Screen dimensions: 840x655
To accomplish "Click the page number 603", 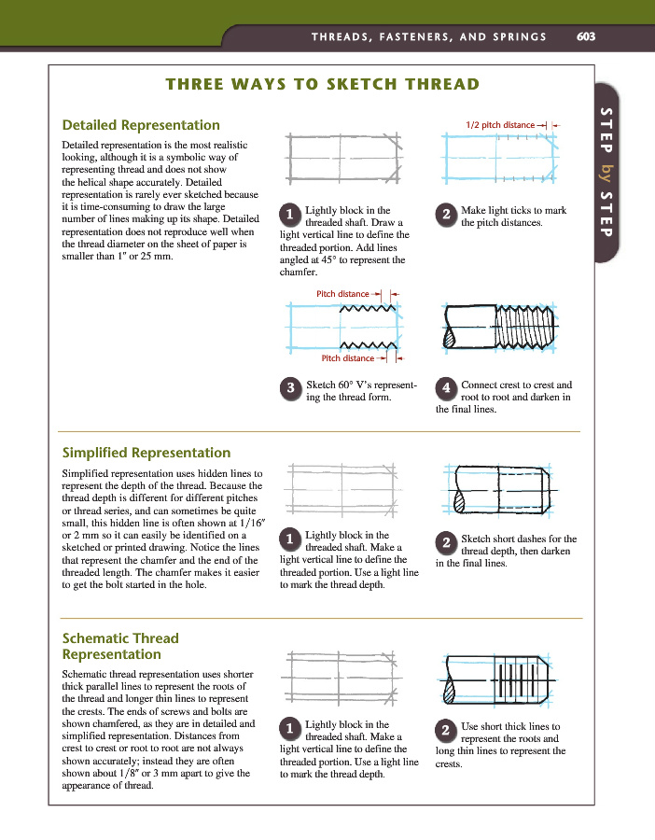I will pos(586,36).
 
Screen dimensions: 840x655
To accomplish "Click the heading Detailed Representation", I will pos(141,125).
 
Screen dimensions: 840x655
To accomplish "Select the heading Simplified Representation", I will pos(146,453).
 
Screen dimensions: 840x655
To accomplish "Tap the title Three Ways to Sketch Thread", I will pos(322,85).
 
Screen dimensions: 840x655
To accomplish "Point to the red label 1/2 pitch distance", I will pos(500,124).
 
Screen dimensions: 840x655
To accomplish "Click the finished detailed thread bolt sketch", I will pos(500,330).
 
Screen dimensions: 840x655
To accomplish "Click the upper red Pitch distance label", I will pos(342,294).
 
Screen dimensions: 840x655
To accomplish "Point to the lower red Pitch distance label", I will pos(347,357).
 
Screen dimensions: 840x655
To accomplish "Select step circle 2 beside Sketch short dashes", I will pos(447,542).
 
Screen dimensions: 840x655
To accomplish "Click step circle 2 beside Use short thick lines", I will pos(447,729).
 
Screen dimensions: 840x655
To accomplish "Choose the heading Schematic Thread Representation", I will pos(119,646).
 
